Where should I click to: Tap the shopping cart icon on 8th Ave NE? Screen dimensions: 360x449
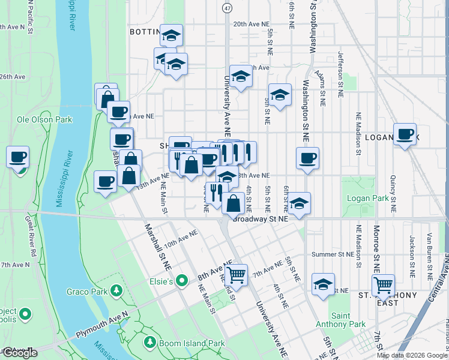(237, 275)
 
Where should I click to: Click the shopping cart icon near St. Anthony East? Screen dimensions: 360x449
(383, 285)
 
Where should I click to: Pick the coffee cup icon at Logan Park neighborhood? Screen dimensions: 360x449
(405, 134)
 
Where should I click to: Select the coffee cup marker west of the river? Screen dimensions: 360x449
(17, 157)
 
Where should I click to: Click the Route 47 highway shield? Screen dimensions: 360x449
(226, 7)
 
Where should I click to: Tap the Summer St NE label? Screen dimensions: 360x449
(334, 254)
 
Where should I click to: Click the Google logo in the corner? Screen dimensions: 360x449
(19, 352)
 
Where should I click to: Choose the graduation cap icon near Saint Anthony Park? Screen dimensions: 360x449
(323, 284)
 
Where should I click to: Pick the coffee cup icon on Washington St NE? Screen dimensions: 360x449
(307, 158)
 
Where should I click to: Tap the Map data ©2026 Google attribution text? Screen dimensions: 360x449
(411, 355)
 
